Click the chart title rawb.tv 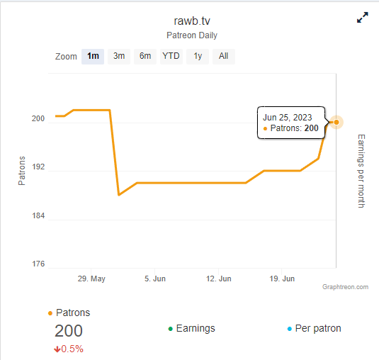coord(192,21)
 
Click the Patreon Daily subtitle coord(192,35)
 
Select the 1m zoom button coord(93,56)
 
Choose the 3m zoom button coord(119,56)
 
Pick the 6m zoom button coord(145,56)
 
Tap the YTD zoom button coord(171,56)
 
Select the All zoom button coord(224,56)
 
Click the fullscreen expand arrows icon coord(363,18)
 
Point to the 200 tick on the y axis coord(38,118)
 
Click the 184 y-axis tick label coord(38,215)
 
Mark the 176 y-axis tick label coord(38,264)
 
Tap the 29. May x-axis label coord(91,279)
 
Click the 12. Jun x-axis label coord(218,279)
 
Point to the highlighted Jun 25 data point coord(336,123)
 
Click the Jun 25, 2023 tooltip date coord(288,118)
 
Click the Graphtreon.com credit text coord(345,287)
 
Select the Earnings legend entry coord(192,329)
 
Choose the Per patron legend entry coord(315,329)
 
